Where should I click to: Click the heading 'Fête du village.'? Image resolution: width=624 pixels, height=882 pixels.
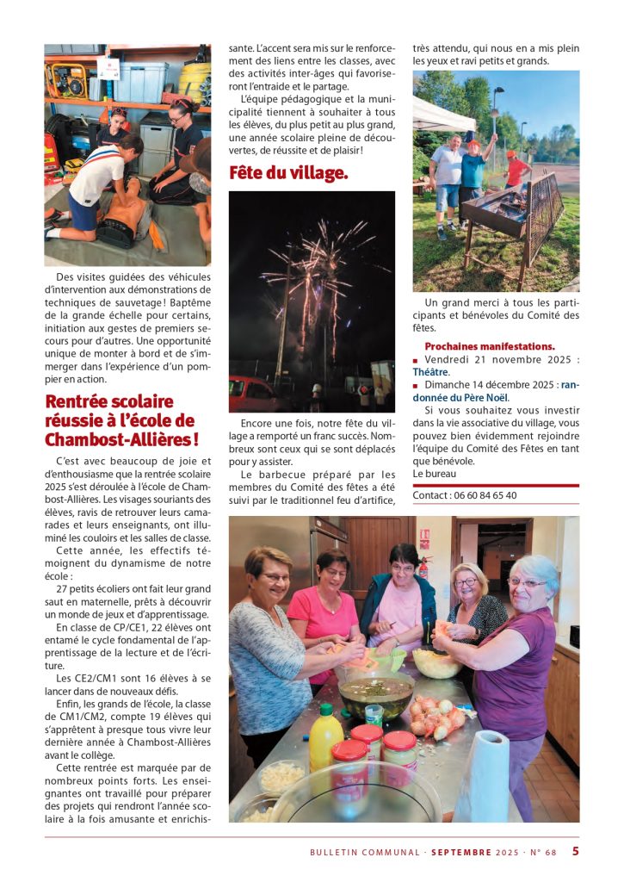pos(288,173)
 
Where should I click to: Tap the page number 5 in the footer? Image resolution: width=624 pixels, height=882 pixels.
pos(576,852)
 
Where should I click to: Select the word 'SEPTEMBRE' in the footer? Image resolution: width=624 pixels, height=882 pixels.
pos(461,853)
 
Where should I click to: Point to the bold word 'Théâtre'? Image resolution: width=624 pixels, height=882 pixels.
pos(431,372)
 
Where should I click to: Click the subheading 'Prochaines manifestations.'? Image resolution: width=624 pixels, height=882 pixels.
pos(489,346)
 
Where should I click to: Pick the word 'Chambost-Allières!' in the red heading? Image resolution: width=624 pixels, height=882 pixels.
pos(121,439)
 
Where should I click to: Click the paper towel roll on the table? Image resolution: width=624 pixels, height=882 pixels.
pos(484,775)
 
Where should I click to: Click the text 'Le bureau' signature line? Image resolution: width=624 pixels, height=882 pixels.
pos(434,474)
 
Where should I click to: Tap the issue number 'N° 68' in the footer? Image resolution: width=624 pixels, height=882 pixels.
pos(542,853)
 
